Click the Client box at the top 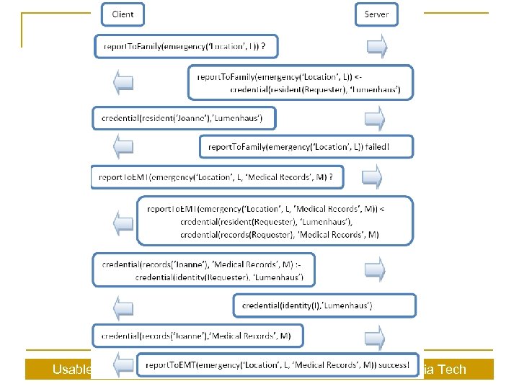(122, 14)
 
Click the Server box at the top (376, 14)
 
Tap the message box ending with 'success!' (277, 365)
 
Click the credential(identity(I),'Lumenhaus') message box (324, 305)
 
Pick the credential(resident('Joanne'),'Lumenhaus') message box (183, 117)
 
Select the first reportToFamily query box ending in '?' (185, 47)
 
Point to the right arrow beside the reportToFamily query (376, 47)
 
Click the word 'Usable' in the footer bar (72, 370)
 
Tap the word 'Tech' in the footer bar (452, 370)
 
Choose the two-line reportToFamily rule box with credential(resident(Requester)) (300, 82)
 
